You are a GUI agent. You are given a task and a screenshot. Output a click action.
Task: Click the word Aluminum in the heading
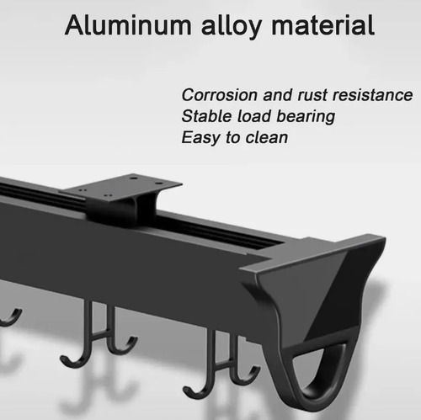point(128,25)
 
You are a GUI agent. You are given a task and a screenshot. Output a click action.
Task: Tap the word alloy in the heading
point(231,26)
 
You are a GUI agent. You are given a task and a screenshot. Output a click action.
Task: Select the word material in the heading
point(322,25)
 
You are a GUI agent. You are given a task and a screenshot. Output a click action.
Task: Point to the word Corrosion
point(219,95)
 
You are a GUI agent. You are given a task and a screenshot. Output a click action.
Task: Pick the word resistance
point(372,95)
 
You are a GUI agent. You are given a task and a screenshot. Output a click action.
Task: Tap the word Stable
point(207,116)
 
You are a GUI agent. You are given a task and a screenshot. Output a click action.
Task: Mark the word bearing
point(306,117)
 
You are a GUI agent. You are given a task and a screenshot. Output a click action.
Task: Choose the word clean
point(267,137)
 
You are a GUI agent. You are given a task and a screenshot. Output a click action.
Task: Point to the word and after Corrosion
point(277,95)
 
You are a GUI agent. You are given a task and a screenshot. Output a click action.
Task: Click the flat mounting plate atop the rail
point(120,188)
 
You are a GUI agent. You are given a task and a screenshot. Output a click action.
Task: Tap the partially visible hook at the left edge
point(11,318)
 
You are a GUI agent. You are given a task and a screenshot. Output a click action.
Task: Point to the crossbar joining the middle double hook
point(101,333)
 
